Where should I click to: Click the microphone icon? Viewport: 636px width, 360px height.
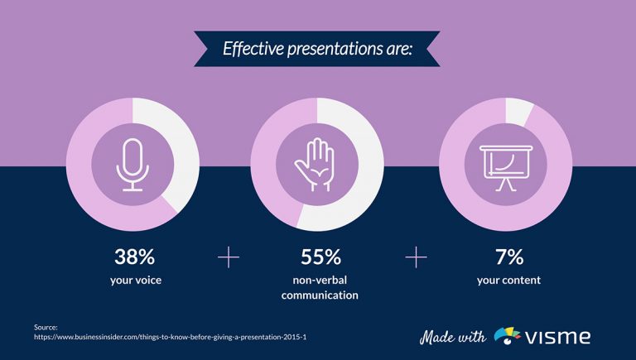pos(132,165)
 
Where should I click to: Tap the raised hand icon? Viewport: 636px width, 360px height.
pos(316,165)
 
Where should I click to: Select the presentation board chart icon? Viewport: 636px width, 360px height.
pos(504,165)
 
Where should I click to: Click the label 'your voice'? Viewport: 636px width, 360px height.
pos(135,280)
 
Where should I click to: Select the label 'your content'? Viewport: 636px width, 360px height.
pos(508,280)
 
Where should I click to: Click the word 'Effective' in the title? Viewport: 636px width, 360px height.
pos(253,49)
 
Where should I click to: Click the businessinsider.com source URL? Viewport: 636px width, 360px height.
pos(170,338)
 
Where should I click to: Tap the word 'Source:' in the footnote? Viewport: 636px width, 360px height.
pos(46,328)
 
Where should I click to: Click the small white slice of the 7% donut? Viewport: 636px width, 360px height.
pos(518,110)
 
